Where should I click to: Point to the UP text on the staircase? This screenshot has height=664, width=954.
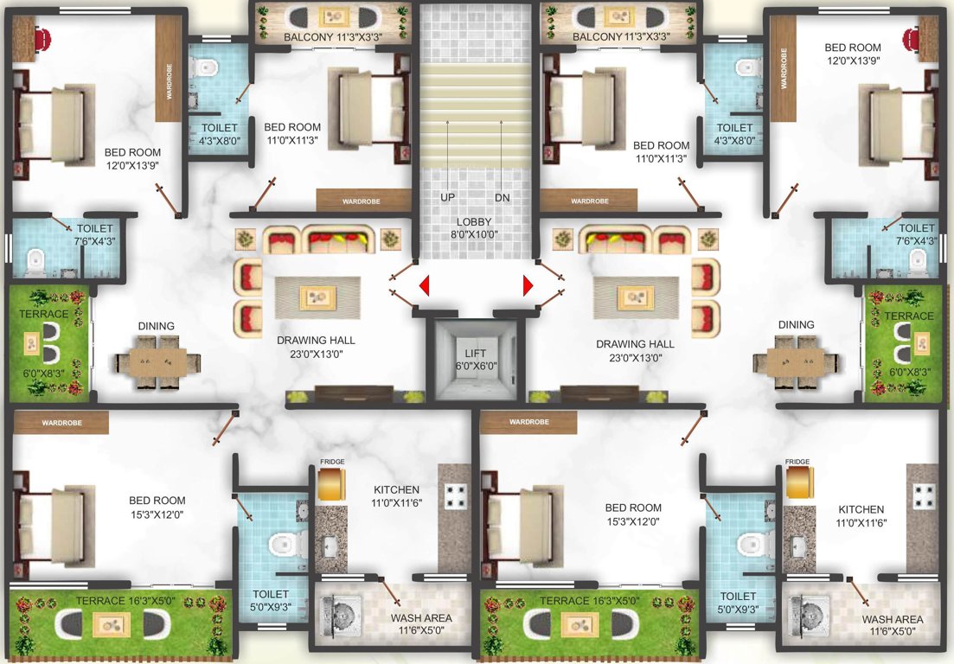point(447,197)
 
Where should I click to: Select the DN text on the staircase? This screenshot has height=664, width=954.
point(502,197)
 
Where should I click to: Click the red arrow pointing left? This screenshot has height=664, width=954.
point(424,285)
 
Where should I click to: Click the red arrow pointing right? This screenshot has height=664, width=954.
point(527,285)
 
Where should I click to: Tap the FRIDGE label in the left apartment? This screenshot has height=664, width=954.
point(332,463)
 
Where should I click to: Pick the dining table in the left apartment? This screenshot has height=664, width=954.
point(157,361)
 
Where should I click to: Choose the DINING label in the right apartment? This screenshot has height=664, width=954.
point(796,325)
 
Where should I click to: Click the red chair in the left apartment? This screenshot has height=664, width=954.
point(42,39)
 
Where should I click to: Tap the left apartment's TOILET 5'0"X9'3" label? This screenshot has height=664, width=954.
point(270,601)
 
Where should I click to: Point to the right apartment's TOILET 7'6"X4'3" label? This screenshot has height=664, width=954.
point(916,234)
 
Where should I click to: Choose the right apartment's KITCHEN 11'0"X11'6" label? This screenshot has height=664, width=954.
point(861,516)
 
